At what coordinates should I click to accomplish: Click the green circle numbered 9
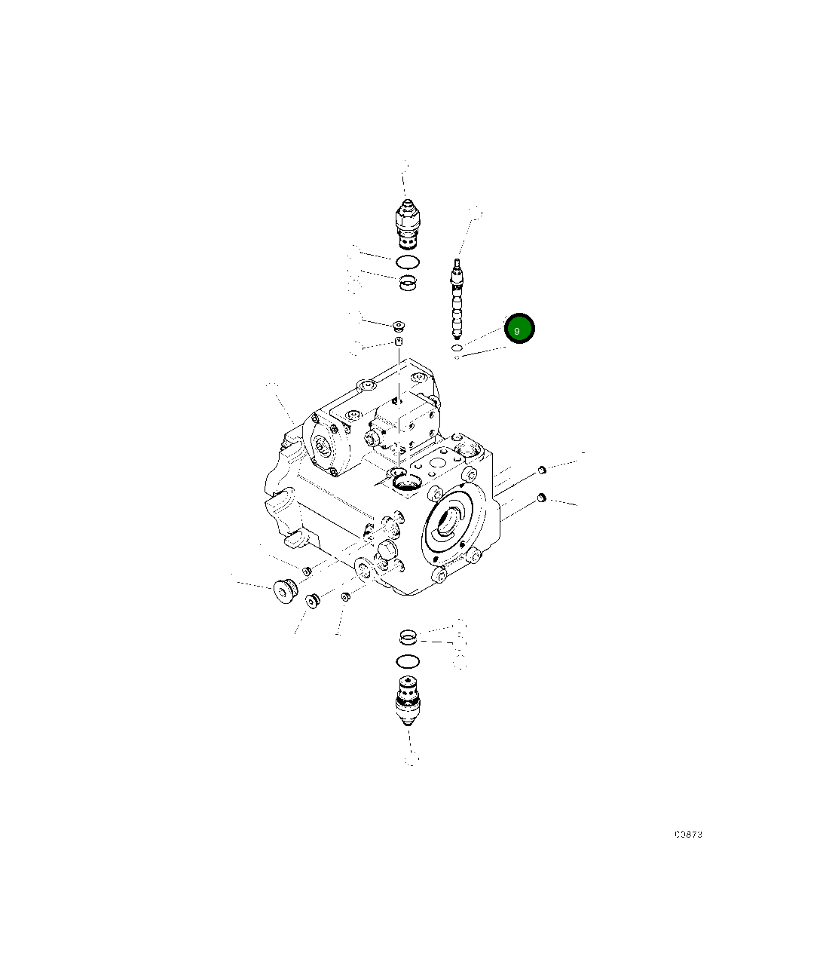pos(519,329)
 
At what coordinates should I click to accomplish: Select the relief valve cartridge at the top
pos(407,225)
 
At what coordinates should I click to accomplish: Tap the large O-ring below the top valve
pos(408,262)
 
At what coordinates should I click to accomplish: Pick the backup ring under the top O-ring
pos(408,283)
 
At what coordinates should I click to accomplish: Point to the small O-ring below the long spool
pos(456,348)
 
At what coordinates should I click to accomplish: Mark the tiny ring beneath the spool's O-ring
pos(457,357)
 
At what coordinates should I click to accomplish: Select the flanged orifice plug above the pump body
pos(399,326)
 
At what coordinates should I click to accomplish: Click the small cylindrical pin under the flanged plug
pos(399,342)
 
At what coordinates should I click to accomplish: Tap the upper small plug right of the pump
pos(540,471)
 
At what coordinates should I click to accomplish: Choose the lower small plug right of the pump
pos(541,498)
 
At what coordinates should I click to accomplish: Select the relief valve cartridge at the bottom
pos(408,700)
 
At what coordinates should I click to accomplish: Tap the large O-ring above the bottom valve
pos(408,662)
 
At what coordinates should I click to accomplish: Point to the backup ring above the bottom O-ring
pos(408,638)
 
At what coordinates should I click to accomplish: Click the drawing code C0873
pos(688,834)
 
